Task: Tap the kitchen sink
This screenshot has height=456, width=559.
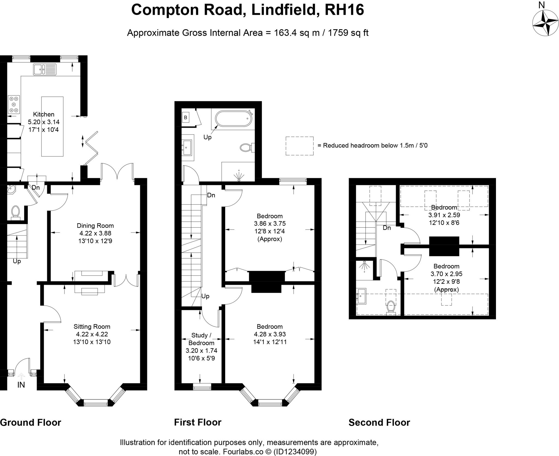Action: coord(44,69)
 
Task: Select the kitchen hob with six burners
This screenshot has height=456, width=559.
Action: coord(14,104)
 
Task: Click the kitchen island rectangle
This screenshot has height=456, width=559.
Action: coord(52,126)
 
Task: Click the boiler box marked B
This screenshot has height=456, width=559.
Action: coord(186,118)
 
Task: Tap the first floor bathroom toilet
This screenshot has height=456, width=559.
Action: coord(246,148)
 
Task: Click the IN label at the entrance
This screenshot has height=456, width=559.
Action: coord(21,385)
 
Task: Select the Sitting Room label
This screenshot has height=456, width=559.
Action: coord(92,326)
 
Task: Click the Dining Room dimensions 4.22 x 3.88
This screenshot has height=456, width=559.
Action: coord(95,233)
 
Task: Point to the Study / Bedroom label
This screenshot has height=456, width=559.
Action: coord(201,339)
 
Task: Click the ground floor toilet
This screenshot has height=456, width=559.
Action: coord(15,212)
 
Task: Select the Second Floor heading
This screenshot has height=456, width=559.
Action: coord(379,422)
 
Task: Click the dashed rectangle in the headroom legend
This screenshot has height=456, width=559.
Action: coord(299,146)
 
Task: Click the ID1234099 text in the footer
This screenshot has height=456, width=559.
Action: coord(295,452)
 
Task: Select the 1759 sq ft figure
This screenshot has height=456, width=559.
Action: coord(348,33)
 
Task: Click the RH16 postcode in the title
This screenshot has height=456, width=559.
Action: coord(344,10)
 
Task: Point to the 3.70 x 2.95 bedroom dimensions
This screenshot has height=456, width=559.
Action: coord(446,274)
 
